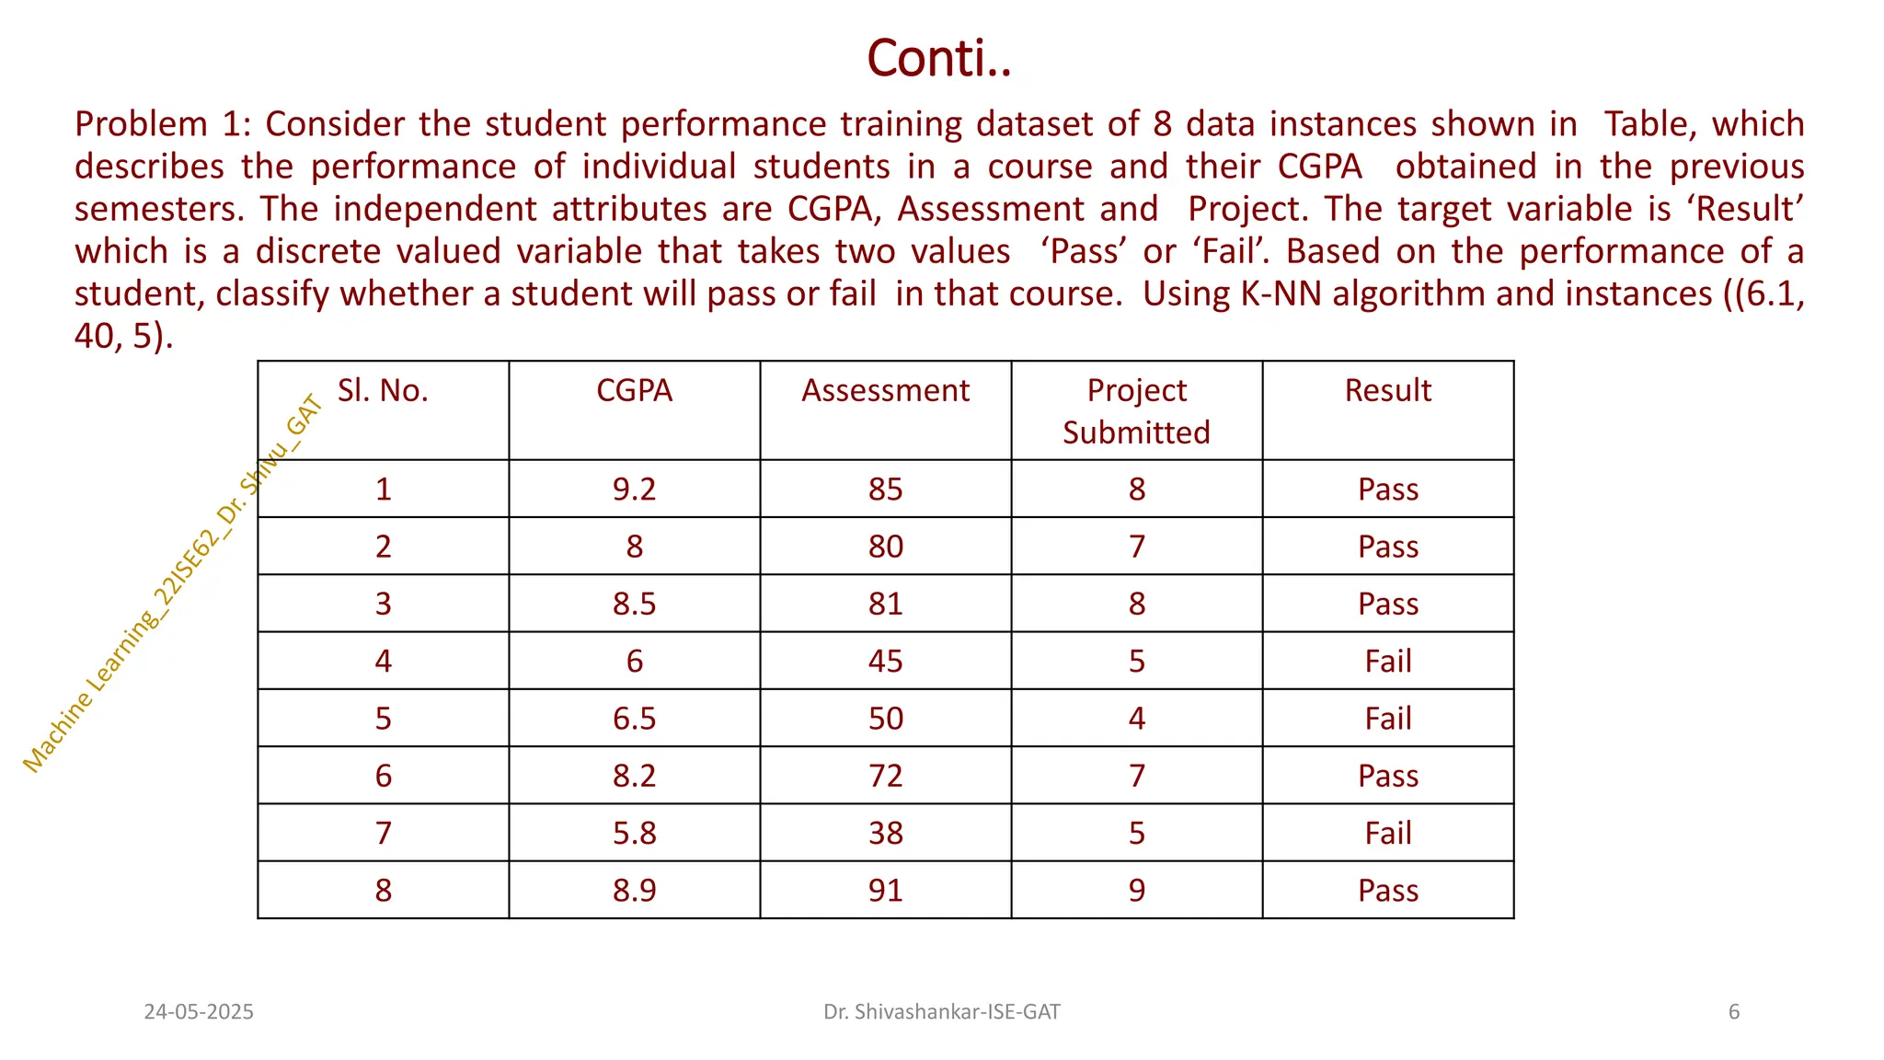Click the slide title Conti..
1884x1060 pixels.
tap(939, 59)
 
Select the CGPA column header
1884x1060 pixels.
tap(634, 390)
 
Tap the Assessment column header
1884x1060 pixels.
tap(885, 390)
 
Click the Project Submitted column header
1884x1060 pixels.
tap(1136, 410)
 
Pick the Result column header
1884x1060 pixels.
tap(1387, 390)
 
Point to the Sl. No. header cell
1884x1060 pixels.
tap(383, 390)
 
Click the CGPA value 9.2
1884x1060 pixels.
tap(634, 489)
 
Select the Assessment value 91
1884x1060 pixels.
tap(885, 890)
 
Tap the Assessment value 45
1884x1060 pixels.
tap(885, 661)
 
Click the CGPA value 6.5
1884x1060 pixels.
tap(634, 718)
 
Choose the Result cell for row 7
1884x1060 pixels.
tap(1387, 833)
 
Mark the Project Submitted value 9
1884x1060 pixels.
tap(1136, 890)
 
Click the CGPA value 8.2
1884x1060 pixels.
tap(634, 776)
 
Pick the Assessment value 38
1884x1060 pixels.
tap(885, 833)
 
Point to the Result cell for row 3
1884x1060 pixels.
tap(1387, 604)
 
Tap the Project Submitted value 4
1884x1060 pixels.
tap(1136, 718)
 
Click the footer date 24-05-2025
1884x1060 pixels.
tap(199, 1012)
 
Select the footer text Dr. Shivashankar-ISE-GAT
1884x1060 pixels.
tap(941, 1012)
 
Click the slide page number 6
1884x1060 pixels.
tap(1733, 1012)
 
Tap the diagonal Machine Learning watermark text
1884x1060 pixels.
tap(172, 583)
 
